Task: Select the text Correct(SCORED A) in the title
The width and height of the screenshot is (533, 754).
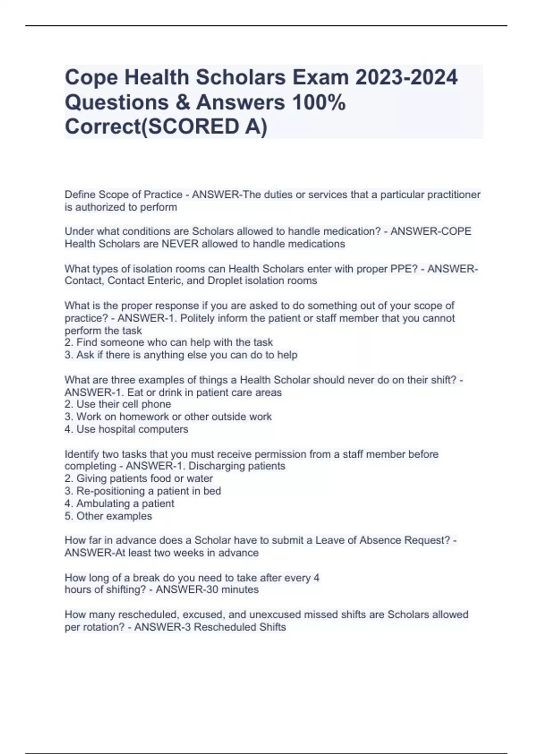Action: tap(166, 127)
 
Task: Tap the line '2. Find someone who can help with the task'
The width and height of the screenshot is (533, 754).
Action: tap(169, 342)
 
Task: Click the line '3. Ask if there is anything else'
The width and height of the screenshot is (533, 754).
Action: tap(181, 355)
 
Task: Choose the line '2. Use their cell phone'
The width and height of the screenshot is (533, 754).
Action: tap(118, 404)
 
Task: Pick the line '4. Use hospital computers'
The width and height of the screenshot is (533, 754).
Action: tap(126, 429)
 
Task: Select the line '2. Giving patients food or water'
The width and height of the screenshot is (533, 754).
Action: tap(139, 479)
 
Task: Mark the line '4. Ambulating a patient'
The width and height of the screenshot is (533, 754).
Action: tap(119, 503)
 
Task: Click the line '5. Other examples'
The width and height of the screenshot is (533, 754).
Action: tap(108, 516)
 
